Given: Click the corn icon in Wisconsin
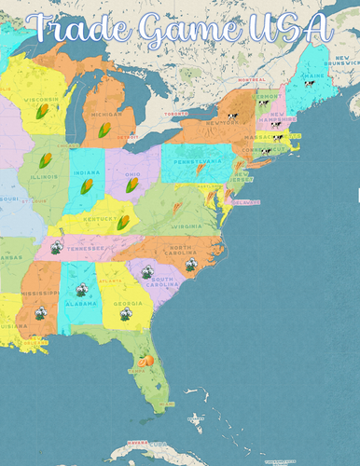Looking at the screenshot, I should [42, 111].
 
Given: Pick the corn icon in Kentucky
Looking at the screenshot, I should [123, 222].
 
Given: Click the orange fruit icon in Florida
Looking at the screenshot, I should [145, 360].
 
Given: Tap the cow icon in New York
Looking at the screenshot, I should [232, 117].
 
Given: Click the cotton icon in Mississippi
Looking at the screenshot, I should [40, 314].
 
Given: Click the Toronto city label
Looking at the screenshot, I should [176, 114].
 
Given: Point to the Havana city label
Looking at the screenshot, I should [138, 442].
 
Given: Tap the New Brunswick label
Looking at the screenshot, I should [342, 65].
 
